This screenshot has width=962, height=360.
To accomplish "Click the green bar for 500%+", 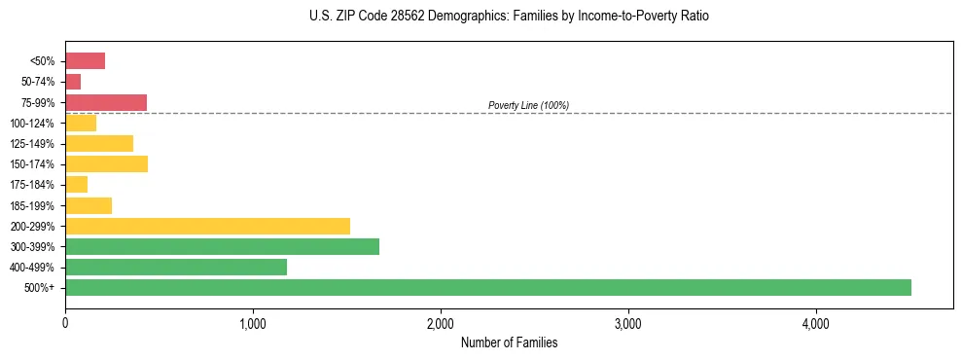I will coord(487,287).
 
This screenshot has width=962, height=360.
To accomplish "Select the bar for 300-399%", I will coord(222,246).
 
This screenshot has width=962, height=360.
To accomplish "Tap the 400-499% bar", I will coord(176,267).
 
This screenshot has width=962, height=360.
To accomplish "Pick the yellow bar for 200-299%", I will coord(207,226).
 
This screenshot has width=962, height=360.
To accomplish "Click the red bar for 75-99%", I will coord(106,102).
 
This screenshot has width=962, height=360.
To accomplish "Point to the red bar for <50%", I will coord(85,61).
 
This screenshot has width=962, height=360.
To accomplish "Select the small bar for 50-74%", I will coord(73,82).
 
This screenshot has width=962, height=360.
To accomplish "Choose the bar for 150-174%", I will coord(106,163).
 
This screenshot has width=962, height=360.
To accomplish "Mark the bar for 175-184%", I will coord(76,184).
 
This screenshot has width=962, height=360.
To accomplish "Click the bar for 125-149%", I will coord(99,143).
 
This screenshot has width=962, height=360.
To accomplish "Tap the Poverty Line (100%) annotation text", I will coord(528,105).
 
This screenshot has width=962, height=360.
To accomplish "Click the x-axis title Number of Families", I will coord(509,342).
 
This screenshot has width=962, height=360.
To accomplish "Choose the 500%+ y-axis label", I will coord(41,288).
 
